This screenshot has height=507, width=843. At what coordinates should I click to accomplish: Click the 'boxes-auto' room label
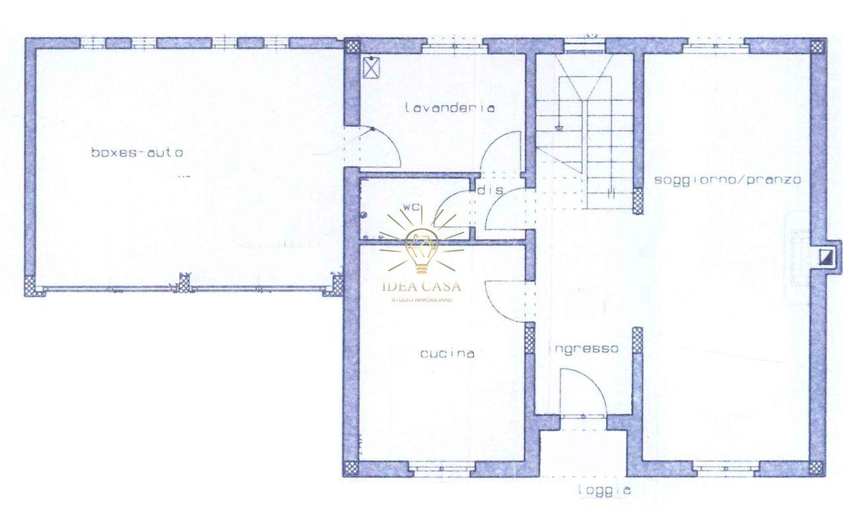click(137, 152)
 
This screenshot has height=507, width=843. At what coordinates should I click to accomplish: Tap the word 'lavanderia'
click(450, 108)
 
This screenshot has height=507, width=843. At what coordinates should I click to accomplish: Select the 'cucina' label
click(448, 353)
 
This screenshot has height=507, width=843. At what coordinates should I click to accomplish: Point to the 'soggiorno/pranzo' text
click(727, 180)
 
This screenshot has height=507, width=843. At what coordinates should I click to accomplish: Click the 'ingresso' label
click(584, 349)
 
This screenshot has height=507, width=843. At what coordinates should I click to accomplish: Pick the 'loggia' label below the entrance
click(605, 490)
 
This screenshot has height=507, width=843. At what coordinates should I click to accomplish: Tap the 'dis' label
click(490, 190)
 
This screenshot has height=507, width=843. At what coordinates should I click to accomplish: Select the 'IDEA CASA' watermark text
click(421, 287)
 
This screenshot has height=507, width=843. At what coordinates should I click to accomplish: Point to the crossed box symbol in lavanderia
click(371, 68)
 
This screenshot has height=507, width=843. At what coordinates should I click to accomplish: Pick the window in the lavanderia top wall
click(454, 48)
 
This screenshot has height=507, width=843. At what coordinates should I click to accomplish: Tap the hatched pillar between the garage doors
click(184, 283)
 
